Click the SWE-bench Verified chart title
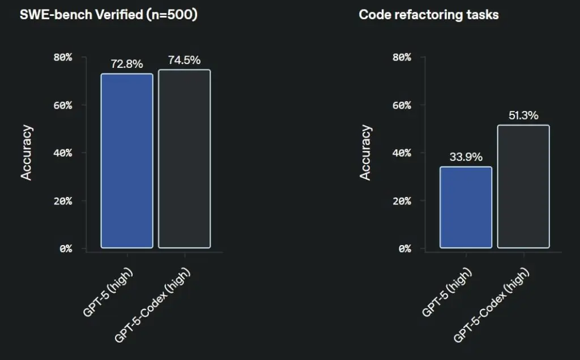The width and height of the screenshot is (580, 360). pyautogui.click(x=108, y=15)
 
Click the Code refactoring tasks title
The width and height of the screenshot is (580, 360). pyautogui.click(x=428, y=15)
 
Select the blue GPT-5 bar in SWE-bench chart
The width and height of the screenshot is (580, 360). pyautogui.click(x=127, y=161)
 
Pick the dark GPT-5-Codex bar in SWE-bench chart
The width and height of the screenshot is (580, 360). pyautogui.click(x=184, y=159)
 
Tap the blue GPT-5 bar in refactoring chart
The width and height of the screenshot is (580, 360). pyautogui.click(x=466, y=207)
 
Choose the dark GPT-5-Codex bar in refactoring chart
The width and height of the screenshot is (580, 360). pyautogui.click(x=523, y=187)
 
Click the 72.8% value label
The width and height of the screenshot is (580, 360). pyautogui.click(x=127, y=64)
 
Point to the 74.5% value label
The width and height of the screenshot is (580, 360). pyautogui.click(x=184, y=60)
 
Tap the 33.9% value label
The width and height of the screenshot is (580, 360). pyautogui.click(x=466, y=157)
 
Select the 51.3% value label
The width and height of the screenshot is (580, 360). pyautogui.click(x=523, y=115)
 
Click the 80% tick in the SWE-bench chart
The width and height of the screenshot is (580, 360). pyautogui.click(x=63, y=57)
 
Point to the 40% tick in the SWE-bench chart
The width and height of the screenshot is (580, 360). pyautogui.click(x=63, y=153)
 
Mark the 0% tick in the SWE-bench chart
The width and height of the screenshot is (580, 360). pyautogui.click(x=65, y=248)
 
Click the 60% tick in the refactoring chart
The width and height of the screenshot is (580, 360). pyautogui.click(x=402, y=105)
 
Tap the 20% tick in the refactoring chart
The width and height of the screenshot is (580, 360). pyautogui.click(x=402, y=201)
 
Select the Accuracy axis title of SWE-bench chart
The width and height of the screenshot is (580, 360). pyautogui.click(x=27, y=153)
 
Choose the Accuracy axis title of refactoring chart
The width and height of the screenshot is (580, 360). pyautogui.click(x=366, y=153)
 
